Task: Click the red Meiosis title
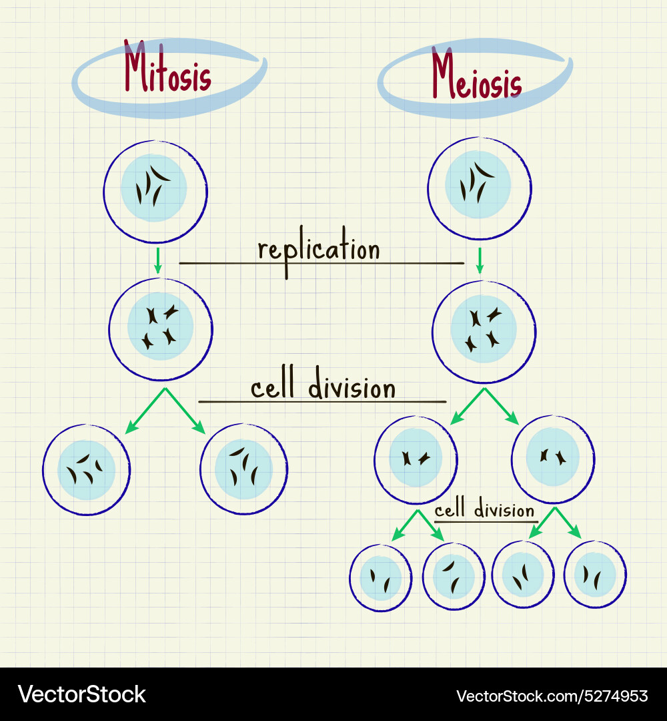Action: (476, 76)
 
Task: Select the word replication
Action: (319, 250)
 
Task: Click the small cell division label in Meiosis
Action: (484, 511)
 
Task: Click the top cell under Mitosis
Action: (155, 190)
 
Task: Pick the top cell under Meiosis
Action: (479, 188)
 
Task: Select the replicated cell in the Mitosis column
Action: (161, 328)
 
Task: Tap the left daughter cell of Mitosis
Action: (86, 469)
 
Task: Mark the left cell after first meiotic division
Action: (416, 459)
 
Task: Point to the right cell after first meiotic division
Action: (552, 458)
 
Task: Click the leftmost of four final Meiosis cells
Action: (381, 577)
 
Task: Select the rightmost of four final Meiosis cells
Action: (595, 574)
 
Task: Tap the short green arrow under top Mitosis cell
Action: (158, 260)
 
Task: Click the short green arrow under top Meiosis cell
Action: (479, 260)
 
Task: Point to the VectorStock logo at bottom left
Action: (81, 694)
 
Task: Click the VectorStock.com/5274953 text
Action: (553, 696)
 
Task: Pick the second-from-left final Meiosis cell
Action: (454, 577)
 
